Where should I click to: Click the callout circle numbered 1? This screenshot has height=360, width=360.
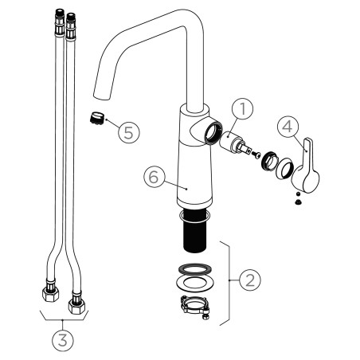click(242, 109)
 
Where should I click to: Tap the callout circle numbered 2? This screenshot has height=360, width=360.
click(250, 280)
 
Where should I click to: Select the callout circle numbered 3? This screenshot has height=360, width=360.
click(63, 341)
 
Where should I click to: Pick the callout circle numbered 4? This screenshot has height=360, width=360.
click(288, 127)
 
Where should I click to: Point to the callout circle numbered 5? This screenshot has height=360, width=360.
click(129, 131)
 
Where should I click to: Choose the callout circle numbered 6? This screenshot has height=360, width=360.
click(155, 177)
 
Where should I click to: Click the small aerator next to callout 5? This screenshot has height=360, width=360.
click(96, 118)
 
